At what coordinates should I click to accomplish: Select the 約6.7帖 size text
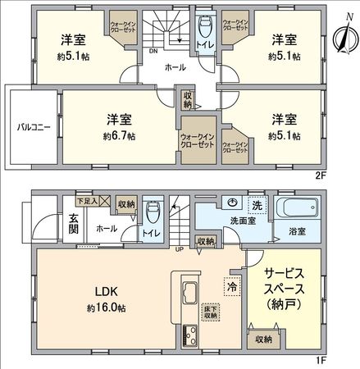[x=119, y=135]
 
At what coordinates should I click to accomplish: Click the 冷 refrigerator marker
[x=231, y=289]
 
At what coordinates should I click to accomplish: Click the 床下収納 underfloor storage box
[x=211, y=311]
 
